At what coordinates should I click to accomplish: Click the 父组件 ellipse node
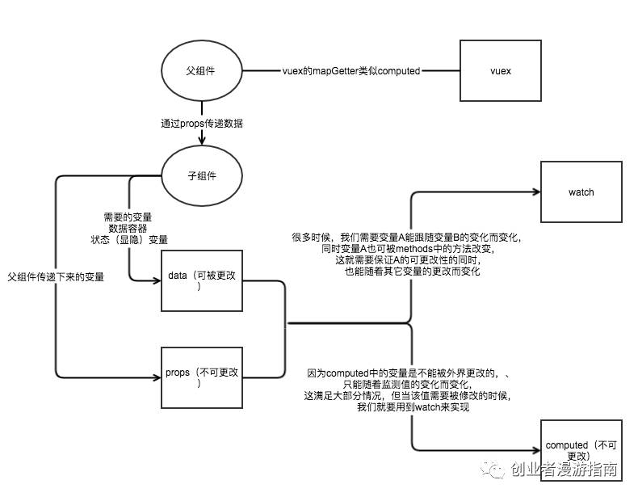coord(201,71)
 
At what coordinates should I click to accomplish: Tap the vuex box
coord(500,71)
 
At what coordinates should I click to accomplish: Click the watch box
coord(581,192)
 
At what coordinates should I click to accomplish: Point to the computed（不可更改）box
coord(581,451)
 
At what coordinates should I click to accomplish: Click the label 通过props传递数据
coord(202,124)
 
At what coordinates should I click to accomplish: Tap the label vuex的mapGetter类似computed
coord(351,71)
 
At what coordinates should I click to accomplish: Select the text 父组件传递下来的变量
coord(56,276)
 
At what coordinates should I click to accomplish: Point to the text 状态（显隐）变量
coord(130,239)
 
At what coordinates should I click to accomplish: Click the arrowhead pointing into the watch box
coord(536,192)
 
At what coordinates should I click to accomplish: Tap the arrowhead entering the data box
coord(157,281)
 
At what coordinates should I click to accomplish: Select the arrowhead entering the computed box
coord(536,451)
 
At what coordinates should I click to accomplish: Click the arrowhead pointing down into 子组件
coord(201,143)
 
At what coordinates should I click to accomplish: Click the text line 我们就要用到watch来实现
coord(413,408)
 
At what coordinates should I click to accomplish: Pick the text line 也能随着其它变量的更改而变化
coord(413,272)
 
